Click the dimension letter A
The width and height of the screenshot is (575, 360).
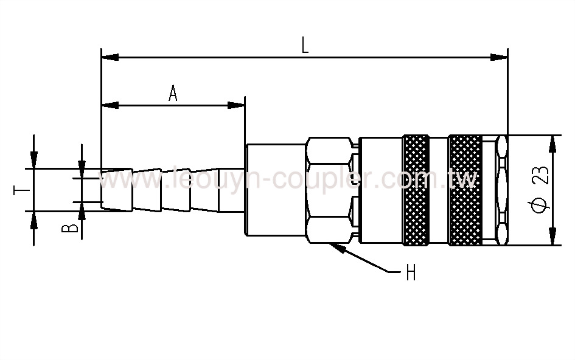click(173, 94)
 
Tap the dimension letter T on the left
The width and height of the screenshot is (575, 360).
click(21, 190)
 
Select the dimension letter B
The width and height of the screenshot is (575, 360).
click(71, 228)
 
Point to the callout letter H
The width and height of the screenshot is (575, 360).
click(411, 274)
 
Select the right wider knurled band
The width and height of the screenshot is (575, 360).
click(465, 190)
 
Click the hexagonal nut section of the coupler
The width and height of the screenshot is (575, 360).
click(330, 190)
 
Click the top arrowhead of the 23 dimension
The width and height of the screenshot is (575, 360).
click(553, 143)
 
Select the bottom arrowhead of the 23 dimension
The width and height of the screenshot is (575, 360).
click(553, 238)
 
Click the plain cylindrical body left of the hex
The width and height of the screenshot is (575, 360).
click(275, 190)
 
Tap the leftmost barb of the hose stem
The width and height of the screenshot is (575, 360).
click(116, 190)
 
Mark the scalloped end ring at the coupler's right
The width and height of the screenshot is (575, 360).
click(501, 190)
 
